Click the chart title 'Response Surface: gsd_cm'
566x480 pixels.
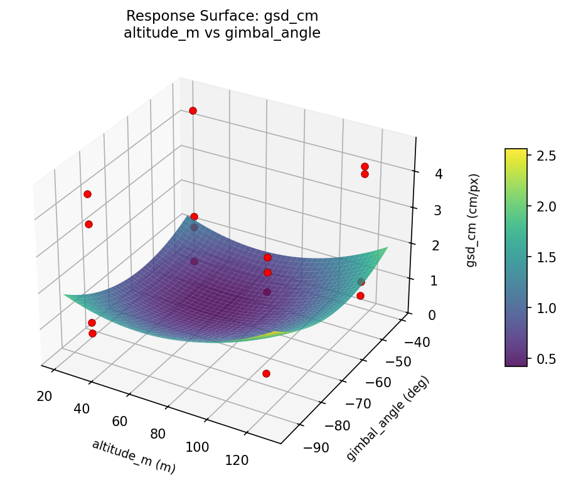(222, 16)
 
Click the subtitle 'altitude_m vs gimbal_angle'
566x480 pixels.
(222, 33)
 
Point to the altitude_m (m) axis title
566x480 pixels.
(134, 456)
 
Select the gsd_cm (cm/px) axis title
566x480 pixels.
(472, 220)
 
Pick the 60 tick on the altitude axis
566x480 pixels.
(120, 421)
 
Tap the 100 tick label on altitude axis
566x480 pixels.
(197, 447)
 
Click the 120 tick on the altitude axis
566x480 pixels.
(236, 460)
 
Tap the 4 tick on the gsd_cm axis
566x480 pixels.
(422, 174)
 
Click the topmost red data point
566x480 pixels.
(193, 110)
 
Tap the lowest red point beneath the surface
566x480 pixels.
(266, 373)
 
